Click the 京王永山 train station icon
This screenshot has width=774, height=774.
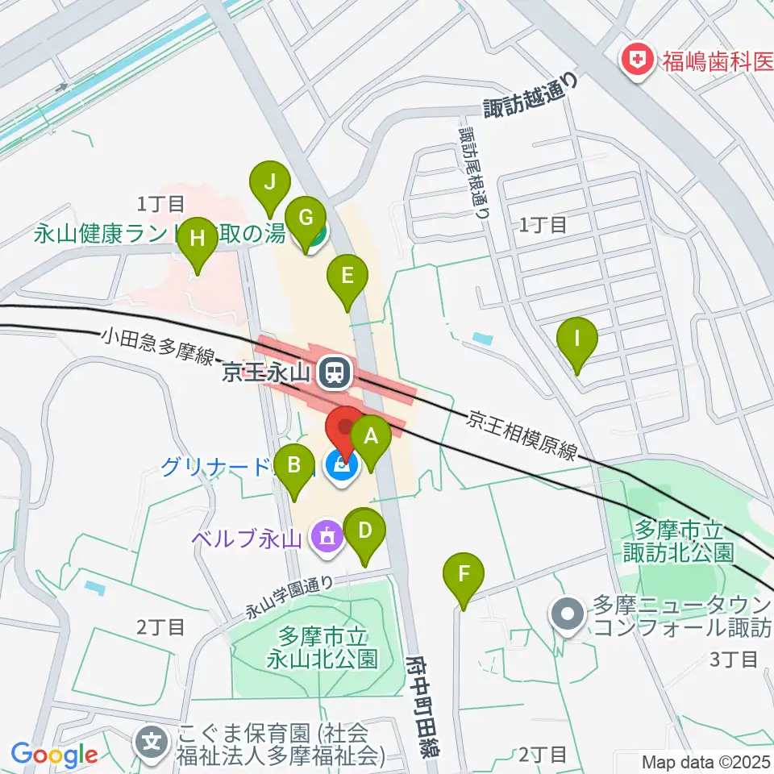pyautogui.click(x=333, y=372)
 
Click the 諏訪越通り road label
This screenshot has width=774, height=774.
pyautogui.click(x=532, y=97)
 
